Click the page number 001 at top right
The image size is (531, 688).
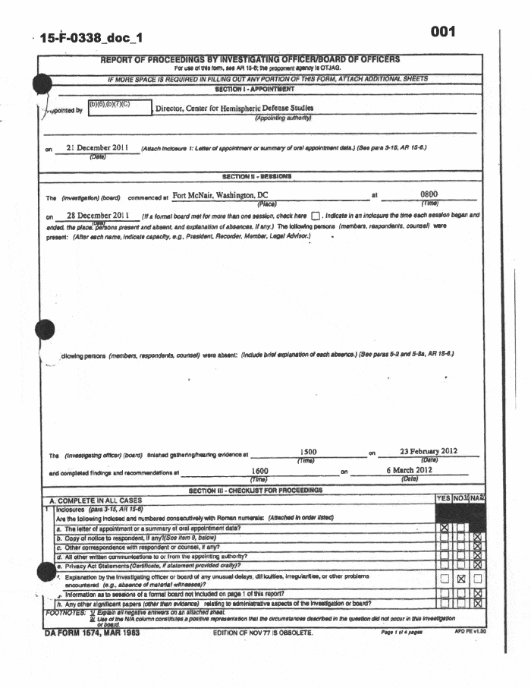pyautogui.click(x=442, y=31)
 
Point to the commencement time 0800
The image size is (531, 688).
pyautogui.click(x=429, y=195)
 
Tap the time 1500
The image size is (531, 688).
pyautogui.click(x=309, y=453)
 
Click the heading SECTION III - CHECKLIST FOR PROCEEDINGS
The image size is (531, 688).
pyautogui.click(x=256, y=490)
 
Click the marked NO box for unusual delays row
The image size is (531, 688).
pyautogui.click(x=460, y=579)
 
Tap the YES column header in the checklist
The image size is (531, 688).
pyautogui.click(x=444, y=498)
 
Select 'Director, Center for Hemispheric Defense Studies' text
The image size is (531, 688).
pyautogui.click(x=234, y=109)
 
